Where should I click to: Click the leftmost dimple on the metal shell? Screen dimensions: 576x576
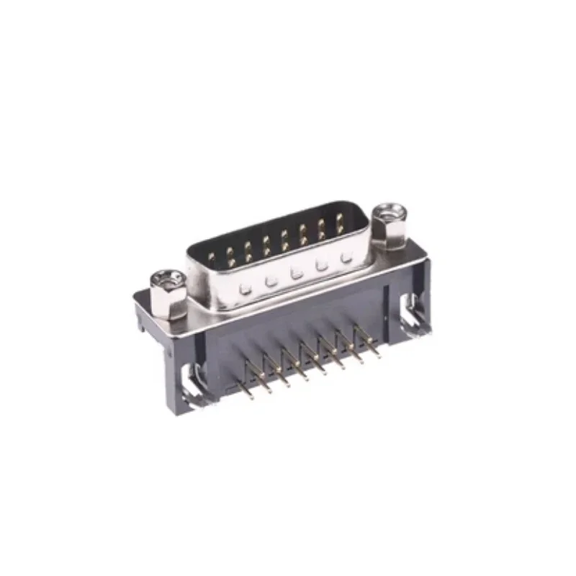pos(246,289)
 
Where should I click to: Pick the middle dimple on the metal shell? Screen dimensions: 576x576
pos(295,274)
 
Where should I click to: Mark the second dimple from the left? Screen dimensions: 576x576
pos(271,282)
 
